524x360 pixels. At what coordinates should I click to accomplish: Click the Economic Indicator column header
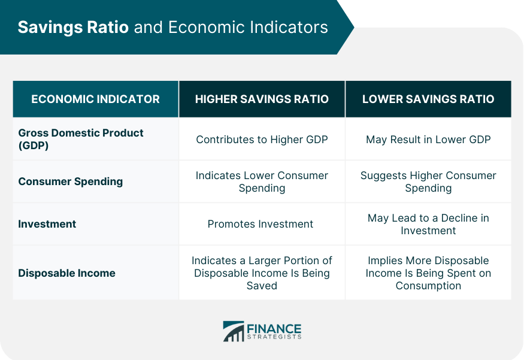coord(96,99)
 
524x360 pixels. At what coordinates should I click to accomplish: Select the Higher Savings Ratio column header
coord(262,99)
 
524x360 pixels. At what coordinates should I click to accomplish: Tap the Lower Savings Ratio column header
coord(428,99)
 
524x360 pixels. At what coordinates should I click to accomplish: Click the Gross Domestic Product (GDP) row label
coord(80,139)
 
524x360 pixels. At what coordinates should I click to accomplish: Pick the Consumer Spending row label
coord(71,181)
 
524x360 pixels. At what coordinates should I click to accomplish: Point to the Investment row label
coord(47,224)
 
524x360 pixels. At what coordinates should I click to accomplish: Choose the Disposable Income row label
coord(66,273)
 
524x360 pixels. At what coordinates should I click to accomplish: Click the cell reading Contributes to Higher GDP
coord(262,140)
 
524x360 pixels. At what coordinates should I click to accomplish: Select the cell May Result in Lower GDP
coord(428,140)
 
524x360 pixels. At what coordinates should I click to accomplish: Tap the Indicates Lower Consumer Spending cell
coord(262,181)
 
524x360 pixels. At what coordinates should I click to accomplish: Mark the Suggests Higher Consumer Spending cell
coord(428,181)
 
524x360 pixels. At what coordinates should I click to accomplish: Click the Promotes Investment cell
coord(261,224)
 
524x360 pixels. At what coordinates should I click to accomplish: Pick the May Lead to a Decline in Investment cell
coord(428,224)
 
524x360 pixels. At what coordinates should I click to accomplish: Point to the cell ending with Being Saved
coord(262,273)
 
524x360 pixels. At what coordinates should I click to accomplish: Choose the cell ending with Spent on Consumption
coord(428,273)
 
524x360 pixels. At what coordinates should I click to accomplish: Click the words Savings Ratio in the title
coord(73,28)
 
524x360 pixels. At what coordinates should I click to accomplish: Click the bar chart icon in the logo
coord(234,331)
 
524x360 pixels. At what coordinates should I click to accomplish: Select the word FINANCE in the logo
coord(274,329)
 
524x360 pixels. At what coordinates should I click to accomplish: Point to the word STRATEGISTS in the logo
coord(274,337)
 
